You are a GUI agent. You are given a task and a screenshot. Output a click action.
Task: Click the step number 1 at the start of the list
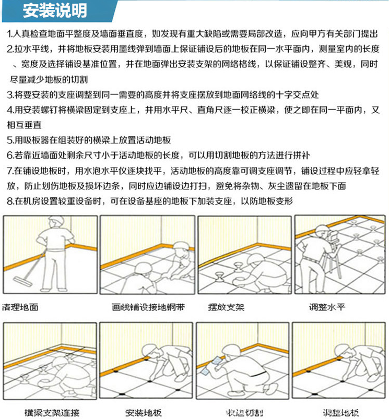10,34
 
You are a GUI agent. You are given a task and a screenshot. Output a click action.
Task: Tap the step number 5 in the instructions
10,140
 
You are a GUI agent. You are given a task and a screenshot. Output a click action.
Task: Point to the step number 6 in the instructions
10,155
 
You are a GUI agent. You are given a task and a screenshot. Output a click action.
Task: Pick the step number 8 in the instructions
10,201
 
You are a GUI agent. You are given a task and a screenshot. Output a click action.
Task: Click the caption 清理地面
20,306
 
